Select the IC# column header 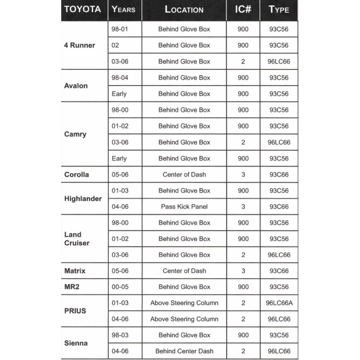click(x=243, y=9)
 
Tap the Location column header click(x=184, y=9)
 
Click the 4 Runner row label click(x=80, y=45)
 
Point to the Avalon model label click(x=76, y=85)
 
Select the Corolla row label click(x=76, y=174)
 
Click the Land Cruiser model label click(x=77, y=239)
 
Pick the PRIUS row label click(x=75, y=311)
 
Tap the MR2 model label click(x=72, y=287)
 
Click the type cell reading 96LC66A click(x=279, y=303)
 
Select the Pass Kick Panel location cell click(x=184, y=207)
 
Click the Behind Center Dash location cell click(x=184, y=351)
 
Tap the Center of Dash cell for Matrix click(x=184, y=271)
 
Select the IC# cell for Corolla click(x=243, y=174)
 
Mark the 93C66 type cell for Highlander click(x=279, y=207)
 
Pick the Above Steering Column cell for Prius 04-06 click(x=184, y=319)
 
